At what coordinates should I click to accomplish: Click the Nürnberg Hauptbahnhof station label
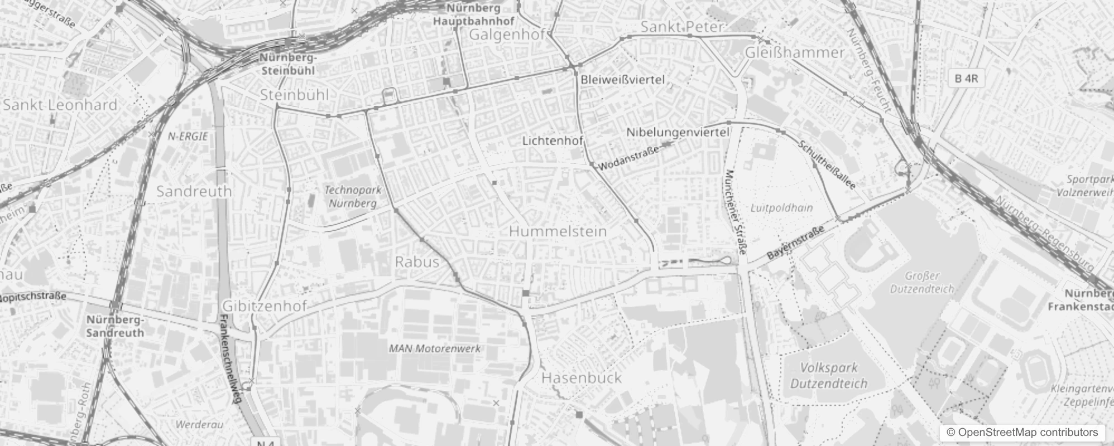tap(474, 15)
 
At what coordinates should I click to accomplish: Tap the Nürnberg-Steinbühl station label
tap(288, 64)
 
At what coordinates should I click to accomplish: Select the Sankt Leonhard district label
tap(60, 105)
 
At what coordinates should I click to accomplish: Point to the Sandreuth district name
tap(194, 191)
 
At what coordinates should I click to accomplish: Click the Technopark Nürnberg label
tap(353, 197)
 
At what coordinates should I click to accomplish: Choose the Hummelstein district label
tap(558, 231)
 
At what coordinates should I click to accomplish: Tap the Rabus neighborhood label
tap(417, 261)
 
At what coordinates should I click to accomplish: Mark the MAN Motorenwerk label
tap(434, 349)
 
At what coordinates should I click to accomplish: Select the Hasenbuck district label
tap(582, 378)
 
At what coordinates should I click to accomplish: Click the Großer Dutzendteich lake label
tap(922, 283)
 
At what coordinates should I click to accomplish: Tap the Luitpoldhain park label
tap(781, 208)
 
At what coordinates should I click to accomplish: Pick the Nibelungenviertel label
tap(678, 133)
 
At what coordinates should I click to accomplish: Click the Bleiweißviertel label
tap(622, 80)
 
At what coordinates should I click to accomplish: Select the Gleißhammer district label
tap(795, 52)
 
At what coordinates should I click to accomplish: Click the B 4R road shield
tap(966, 79)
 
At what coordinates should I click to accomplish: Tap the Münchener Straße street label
tap(735, 212)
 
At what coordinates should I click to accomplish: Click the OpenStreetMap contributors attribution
tap(1021, 433)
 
